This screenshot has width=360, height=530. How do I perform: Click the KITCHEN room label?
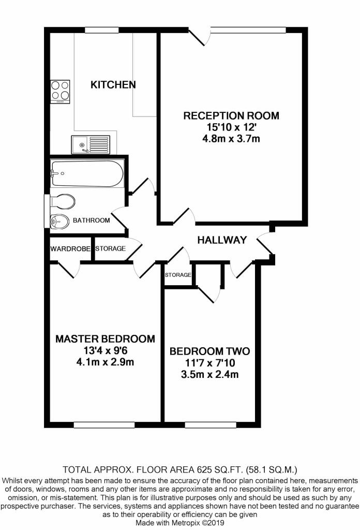pyautogui.click(x=113, y=84)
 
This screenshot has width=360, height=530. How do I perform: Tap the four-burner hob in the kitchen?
pyautogui.click(x=60, y=92)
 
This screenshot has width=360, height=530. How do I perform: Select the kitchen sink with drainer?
pyautogui.click(x=91, y=145)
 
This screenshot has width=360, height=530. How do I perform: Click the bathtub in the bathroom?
pyautogui.click(x=87, y=173)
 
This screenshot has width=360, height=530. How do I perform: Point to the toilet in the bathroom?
pyautogui.click(x=62, y=201)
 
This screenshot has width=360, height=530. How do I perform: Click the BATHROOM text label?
pyautogui.click(x=92, y=220)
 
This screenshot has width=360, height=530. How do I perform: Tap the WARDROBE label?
pyautogui.click(x=70, y=249)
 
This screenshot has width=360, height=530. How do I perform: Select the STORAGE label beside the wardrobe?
pyautogui.click(x=111, y=248)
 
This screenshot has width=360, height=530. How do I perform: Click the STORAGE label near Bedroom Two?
pyautogui.click(x=178, y=275)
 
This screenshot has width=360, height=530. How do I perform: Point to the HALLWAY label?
pyautogui.click(x=222, y=240)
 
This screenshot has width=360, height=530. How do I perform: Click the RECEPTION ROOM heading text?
pyautogui.click(x=231, y=116)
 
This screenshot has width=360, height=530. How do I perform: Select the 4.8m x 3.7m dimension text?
pyautogui.click(x=231, y=139)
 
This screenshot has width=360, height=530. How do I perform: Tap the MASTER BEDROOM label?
pyautogui.click(x=106, y=338)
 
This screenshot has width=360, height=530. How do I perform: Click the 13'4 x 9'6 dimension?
pyautogui.click(x=106, y=350)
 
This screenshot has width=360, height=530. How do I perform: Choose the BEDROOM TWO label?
pyautogui.click(x=209, y=351)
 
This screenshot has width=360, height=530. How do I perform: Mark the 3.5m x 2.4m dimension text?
pyautogui.click(x=209, y=375)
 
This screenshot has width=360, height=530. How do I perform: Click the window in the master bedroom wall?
pyautogui.click(x=104, y=425)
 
